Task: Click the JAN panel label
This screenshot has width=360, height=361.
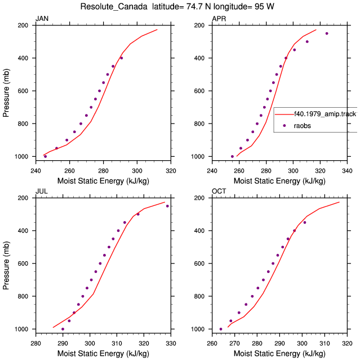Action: pyautogui.click(x=42, y=19)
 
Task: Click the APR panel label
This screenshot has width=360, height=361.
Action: pyautogui.click(x=219, y=19)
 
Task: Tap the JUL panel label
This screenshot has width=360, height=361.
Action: pyautogui.click(x=42, y=191)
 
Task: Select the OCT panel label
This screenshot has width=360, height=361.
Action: pyautogui.click(x=219, y=191)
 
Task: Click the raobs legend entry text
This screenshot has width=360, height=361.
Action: pyautogui.click(x=303, y=126)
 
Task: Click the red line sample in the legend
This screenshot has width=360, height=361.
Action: pyautogui.click(x=285, y=114)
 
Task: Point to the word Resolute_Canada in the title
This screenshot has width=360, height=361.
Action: pyautogui.click(x=114, y=6)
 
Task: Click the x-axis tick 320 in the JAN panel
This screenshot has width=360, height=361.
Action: pyautogui.click(x=171, y=171)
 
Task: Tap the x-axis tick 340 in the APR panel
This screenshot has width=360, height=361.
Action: pyautogui.click(x=347, y=171)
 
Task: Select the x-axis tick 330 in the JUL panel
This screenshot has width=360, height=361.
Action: pyautogui.click(x=171, y=344)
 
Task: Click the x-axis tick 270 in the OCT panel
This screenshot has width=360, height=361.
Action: pyautogui.click(x=234, y=344)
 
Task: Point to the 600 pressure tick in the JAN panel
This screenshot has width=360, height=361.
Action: pyautogui.click(x=23, y=91)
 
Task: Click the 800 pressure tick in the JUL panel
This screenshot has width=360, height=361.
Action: pyautogui.click(x=23, y=296)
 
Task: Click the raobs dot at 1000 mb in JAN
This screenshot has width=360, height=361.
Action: pyautogui.click(x=45, y=157)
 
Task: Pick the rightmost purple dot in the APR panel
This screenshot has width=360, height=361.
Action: pyautogui.click(x=327, y=33)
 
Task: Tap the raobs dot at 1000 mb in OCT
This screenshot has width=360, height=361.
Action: pyautogui.click(x=221, y=329)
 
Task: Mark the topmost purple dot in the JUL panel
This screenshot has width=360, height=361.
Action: pyautogui.click(x=167, y=206)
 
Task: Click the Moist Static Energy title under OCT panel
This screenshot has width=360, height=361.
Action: pyautogui.click(x=279, y=353)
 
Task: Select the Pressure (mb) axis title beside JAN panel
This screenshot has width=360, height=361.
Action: pyautogui.click(x=6, y=93)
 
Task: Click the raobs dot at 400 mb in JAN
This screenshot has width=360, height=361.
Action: pyautogui.click(x=121, y=58)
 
